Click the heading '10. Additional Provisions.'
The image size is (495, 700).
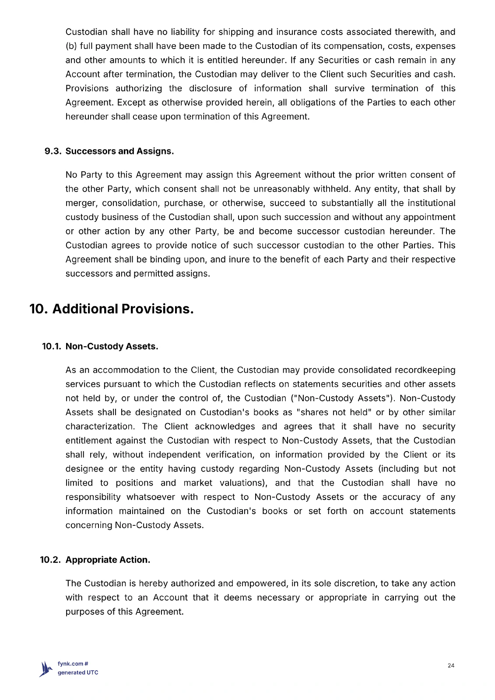112,309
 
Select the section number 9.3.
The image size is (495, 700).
53,151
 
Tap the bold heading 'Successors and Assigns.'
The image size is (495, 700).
119,151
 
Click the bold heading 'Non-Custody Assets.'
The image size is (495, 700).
112,346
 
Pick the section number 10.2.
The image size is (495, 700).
51,560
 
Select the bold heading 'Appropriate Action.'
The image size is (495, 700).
108,560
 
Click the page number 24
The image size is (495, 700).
451,665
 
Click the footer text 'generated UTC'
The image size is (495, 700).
78,672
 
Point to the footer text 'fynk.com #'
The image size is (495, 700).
73,664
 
